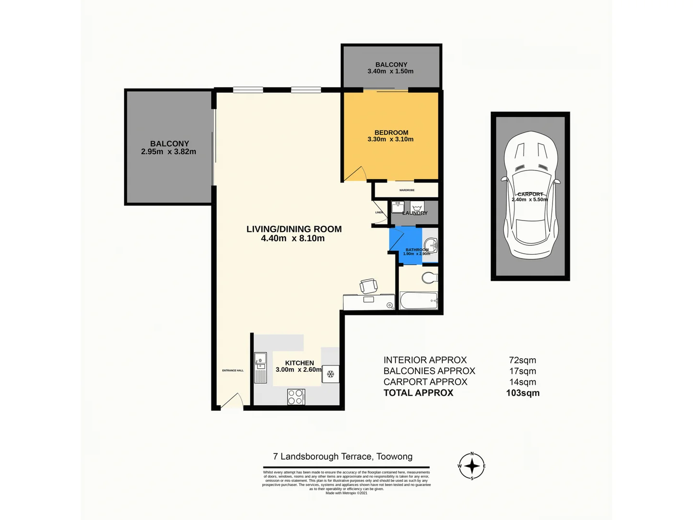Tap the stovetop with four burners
tap(295, 397)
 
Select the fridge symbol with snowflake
tap(331, 374)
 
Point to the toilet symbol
tap(429, 277)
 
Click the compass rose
tap(472, 466)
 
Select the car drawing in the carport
tap(530, 195)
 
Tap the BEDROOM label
tap(391, 132)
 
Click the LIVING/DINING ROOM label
tap(294, 229)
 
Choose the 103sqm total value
tap(523, 393)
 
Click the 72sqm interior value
tap(522, 360)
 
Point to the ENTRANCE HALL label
tap(232, 370)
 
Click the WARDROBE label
tap(407, 190)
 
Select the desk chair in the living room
tap(369, 286)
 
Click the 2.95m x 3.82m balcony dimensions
tap(168, 152)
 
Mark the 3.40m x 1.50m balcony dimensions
tap(390, 71)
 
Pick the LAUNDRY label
tap(415, 213)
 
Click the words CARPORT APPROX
tap(425, 382)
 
